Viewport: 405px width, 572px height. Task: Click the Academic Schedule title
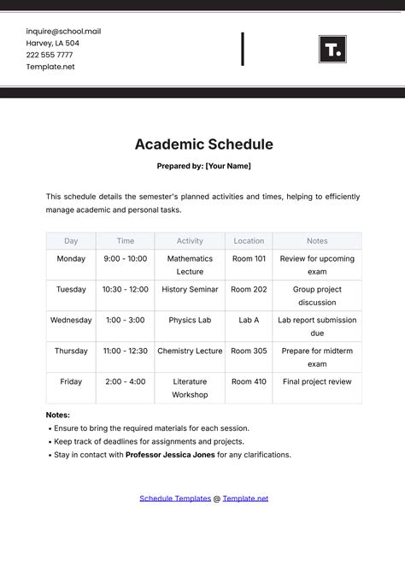[203, 144]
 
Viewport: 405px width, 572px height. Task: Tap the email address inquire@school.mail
[63, 31]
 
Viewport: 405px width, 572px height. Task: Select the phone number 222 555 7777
[49, 55]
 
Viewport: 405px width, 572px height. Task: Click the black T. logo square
[332, 49]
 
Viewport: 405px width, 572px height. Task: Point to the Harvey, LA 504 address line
[53, 43]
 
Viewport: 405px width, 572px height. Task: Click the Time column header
[125, 241]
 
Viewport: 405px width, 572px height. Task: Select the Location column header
[249, 241]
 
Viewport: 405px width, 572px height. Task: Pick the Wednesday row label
[71, 320]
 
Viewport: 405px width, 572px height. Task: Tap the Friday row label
[71, 381]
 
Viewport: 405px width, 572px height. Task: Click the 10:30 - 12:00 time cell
[125, 289]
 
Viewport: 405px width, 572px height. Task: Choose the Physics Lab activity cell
[190, 320]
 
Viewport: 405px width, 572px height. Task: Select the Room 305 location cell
[249, 351]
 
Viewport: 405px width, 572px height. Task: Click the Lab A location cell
[249, 320]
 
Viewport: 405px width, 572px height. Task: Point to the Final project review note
[317, 381]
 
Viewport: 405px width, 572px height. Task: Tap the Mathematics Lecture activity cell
[190, 264]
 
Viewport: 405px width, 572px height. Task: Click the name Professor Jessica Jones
[170, 455]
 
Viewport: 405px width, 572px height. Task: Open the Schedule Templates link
[174, 498]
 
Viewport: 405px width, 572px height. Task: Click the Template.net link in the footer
[245, 498]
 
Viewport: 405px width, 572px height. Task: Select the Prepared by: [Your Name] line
[203, 166]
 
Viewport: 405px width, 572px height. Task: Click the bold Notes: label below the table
[58, 415]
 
